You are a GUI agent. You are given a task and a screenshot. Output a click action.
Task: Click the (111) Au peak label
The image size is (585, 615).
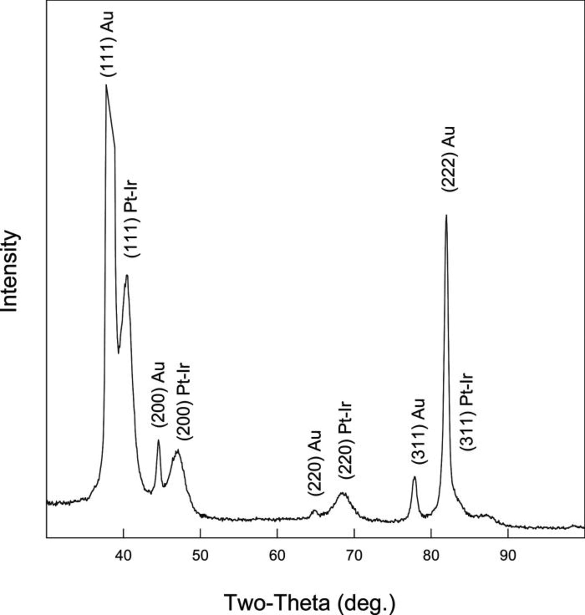(x=108, y=44)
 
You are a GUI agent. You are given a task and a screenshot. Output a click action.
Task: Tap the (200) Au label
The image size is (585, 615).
(x=159, y=395)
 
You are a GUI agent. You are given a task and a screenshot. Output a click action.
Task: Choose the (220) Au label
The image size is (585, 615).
(x=315, y=463)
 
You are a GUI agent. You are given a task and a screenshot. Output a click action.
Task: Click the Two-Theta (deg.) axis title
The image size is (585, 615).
(x=310, y=602)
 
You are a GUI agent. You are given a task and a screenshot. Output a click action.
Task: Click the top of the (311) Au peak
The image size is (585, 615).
(x=414, y=477)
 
